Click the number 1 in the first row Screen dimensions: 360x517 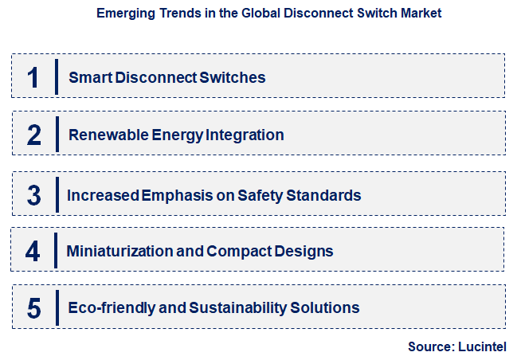[x=33, y=77]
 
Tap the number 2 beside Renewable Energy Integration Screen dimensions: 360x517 [x=33, y=135]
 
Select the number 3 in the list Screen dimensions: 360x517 [x=33, y=195]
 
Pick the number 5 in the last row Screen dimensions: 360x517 [x=33, y=307]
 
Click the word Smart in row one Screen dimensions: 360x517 [x=88, y=77]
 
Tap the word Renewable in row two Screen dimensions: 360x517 [x=103, y=135]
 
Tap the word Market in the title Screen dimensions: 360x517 [x=419, y=14]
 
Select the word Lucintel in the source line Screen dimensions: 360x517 [x=480, y=346]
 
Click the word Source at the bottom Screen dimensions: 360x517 [x=430, y=346]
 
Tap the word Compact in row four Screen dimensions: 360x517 [x=234, y=252]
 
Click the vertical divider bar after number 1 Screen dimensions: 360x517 [x=57, y=76]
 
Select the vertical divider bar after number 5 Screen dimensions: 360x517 [x=57, y=307]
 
